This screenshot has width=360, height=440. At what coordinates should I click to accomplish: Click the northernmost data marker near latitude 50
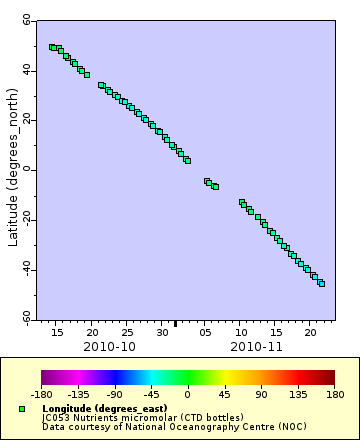tap(52, 47)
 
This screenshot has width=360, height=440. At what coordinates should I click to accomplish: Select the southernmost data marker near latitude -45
tap(322, 283)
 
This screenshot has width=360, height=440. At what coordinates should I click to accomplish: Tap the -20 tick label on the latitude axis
tap(25, 219)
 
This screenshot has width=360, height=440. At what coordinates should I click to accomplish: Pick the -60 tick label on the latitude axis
tap(25, 318)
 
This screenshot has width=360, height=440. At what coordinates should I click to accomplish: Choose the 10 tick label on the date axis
tap(241, 331)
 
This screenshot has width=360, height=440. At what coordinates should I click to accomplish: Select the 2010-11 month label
tap(257, 346)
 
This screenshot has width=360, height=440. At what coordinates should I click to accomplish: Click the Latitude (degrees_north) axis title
tap(12, 169)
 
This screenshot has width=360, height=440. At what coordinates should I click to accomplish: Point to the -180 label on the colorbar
tap(42, 395)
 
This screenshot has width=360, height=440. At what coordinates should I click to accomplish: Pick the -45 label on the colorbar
tap(151, 395)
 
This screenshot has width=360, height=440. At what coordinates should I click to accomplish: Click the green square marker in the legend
tap(22, 409)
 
